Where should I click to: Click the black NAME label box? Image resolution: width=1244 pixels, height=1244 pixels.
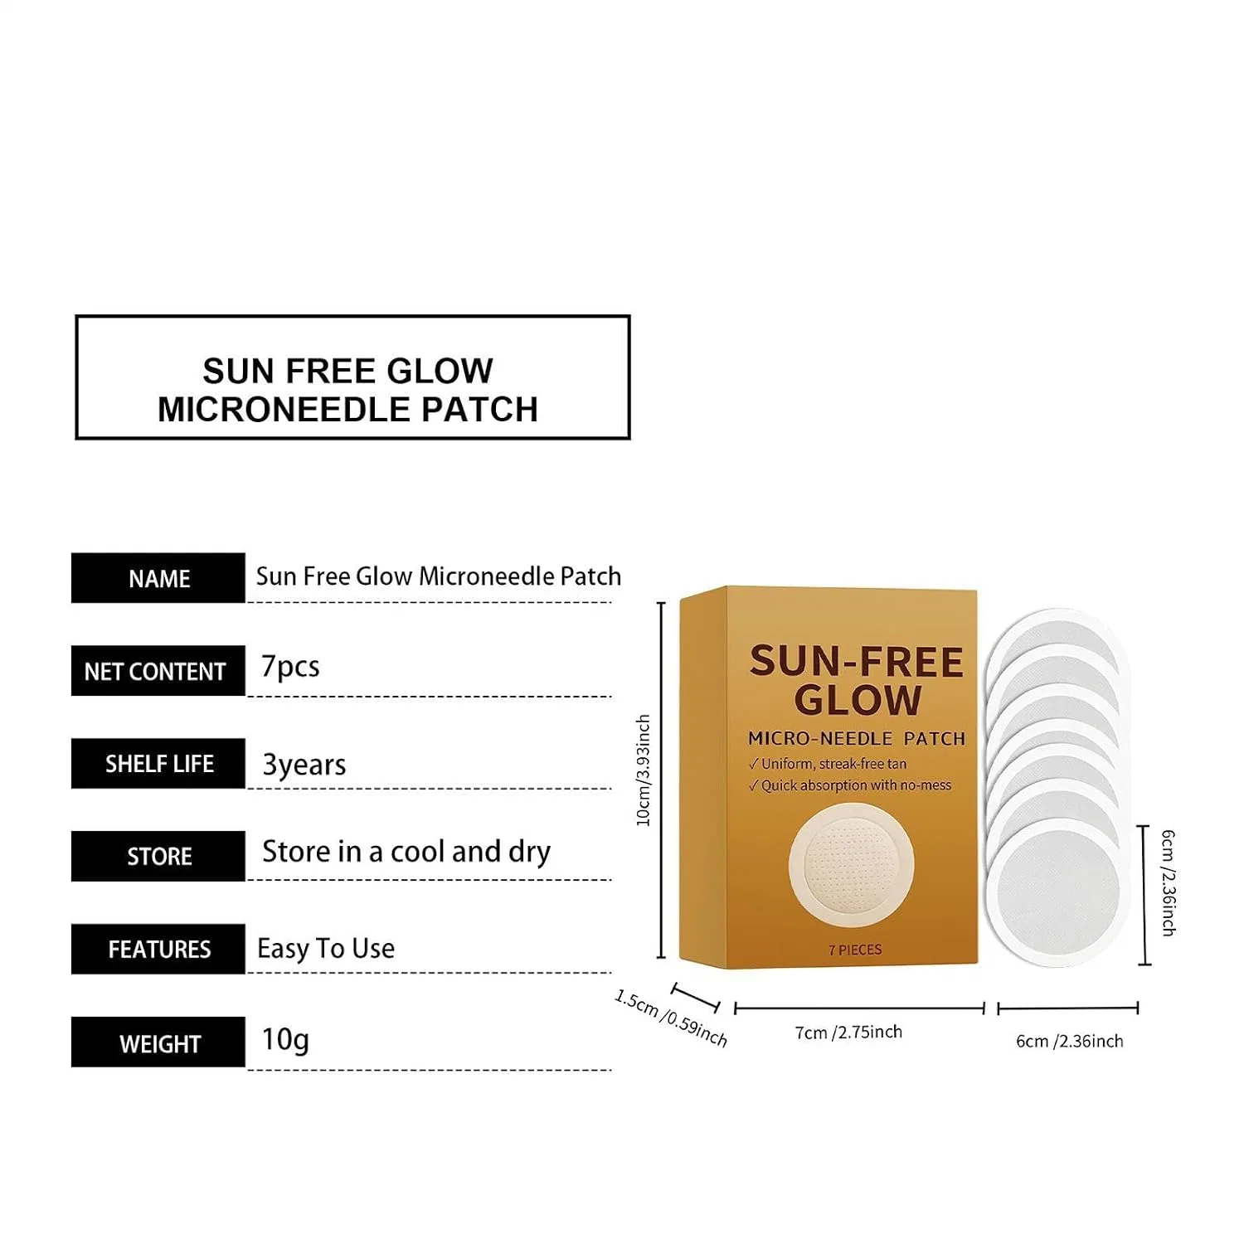pos(158,578)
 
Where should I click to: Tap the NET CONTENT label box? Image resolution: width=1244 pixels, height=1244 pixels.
pos(158,671)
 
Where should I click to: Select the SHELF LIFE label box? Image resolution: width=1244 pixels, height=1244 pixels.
pos(158,764)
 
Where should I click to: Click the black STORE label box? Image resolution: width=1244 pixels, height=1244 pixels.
pos(158,856)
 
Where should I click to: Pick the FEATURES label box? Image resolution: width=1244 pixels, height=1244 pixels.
pos(158,949)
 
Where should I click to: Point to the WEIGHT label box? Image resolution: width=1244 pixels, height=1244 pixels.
pos(158,1042)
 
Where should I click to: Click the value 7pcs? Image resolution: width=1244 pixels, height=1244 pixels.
pos(290,668)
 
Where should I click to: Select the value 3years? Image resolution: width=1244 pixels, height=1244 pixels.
pos(304,765)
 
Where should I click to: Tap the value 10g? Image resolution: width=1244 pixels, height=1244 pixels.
pos(285,1039)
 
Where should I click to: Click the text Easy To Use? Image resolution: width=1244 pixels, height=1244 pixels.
pos(326,948)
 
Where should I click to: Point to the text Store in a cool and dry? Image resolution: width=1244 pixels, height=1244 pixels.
pos(406,852)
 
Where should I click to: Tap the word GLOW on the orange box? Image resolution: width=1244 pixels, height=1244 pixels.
pos(858,700)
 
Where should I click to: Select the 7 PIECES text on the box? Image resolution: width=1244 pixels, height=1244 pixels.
pos(855,950)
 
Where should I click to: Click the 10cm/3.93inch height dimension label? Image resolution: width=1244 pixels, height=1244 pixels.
pos(643,770)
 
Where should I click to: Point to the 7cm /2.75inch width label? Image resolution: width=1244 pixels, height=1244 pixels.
pos(848,1033)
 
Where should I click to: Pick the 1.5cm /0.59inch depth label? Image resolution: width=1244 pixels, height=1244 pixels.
pos(671,1018)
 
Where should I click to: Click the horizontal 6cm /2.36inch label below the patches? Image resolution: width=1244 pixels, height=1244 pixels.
pos(1070,1041)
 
